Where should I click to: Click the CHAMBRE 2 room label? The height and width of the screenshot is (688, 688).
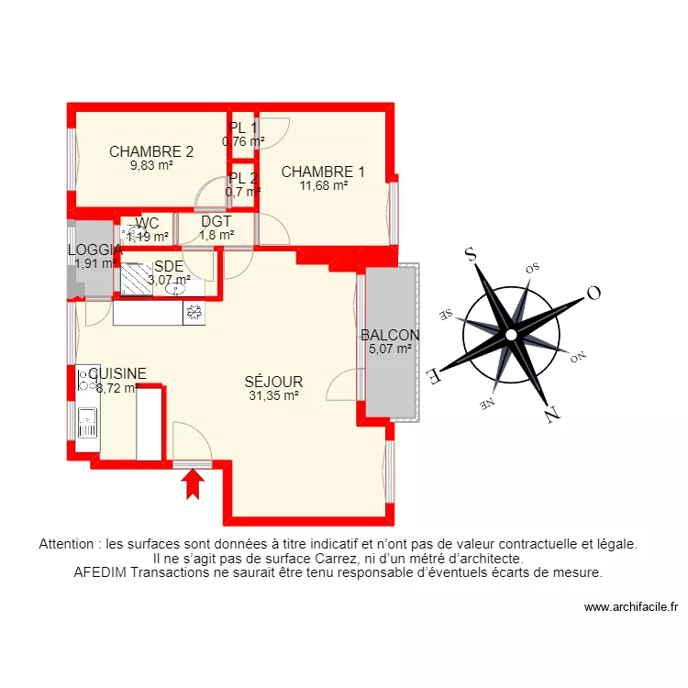point(151,151)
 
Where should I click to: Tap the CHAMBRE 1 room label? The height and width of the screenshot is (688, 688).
point(323,172)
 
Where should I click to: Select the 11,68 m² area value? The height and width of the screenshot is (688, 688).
point(323,185)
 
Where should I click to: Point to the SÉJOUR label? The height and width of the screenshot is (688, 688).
point(273,382)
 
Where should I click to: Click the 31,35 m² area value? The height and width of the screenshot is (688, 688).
point(273,396)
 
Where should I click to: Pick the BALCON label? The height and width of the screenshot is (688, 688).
point(390,335)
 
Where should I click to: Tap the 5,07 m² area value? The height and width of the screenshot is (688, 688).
point(390,349)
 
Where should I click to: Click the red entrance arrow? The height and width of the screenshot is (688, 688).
point(193,483)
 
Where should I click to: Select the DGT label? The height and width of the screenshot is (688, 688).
point(216,221)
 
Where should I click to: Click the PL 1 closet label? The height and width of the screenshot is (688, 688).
point(243,128)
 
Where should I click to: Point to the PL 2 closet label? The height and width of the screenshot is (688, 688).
point(243,178)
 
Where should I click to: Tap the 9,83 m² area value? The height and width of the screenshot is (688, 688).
point(151,166)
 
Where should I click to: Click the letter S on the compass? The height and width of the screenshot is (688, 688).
point(472,255)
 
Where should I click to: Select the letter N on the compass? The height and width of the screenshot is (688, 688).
point(551,414)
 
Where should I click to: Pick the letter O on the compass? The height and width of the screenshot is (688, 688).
point(593,293)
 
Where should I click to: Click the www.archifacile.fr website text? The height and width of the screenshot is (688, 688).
point(630,606)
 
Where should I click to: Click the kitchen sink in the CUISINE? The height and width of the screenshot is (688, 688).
point(87,423)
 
